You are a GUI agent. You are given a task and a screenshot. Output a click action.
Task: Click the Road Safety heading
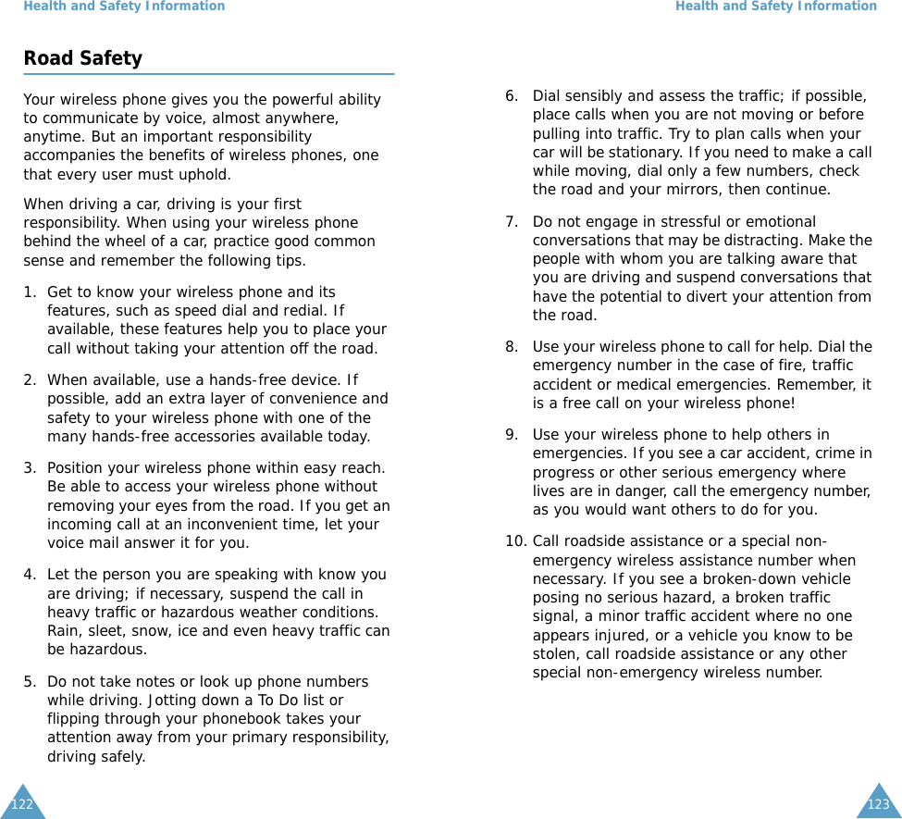pos(82,58)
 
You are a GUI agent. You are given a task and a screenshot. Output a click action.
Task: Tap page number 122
pos(22,804)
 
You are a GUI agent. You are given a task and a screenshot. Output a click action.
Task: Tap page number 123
pos(878,804)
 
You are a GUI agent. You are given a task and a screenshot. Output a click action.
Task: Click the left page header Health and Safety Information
pos(124,6)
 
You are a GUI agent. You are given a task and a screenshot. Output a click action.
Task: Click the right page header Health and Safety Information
pos(775,6)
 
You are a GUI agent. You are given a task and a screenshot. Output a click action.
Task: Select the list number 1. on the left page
pos(31,292)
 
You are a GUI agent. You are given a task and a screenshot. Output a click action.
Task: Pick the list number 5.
pos(31,682)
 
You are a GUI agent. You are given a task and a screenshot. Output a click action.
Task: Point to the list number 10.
pos(516,541)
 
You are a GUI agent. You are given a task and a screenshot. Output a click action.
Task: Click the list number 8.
pos(512,347)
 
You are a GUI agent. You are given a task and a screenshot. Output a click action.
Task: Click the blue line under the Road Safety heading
pos(209,74)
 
